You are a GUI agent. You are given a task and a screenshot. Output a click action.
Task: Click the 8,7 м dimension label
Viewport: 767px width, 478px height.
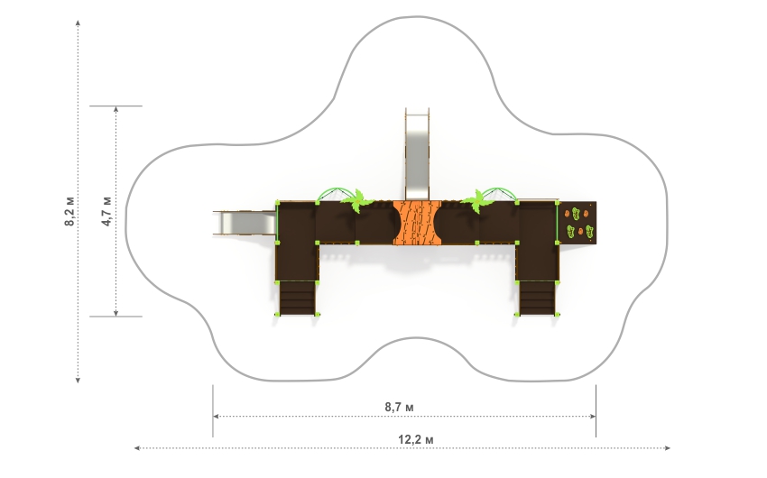tap(399, 407)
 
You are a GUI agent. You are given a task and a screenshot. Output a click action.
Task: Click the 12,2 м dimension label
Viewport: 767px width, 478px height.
tap(415, 439)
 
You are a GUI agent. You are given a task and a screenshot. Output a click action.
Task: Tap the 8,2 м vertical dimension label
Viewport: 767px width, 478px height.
tap(70, 211)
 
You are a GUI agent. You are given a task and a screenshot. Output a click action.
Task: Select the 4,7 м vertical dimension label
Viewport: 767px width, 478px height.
tap(106, 211)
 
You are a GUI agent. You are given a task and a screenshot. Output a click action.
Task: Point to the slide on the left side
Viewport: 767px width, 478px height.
tap(245, 223)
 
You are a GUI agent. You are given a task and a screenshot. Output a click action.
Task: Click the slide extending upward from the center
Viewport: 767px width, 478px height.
tap(417, 154)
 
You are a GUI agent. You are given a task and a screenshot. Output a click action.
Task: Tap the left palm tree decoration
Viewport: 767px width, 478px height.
tap(357, 200)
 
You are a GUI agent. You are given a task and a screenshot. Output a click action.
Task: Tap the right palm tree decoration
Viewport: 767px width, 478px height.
tap(476, 200)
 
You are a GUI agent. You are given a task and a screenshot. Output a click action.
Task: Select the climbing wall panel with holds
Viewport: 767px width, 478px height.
tap(578, 223)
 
